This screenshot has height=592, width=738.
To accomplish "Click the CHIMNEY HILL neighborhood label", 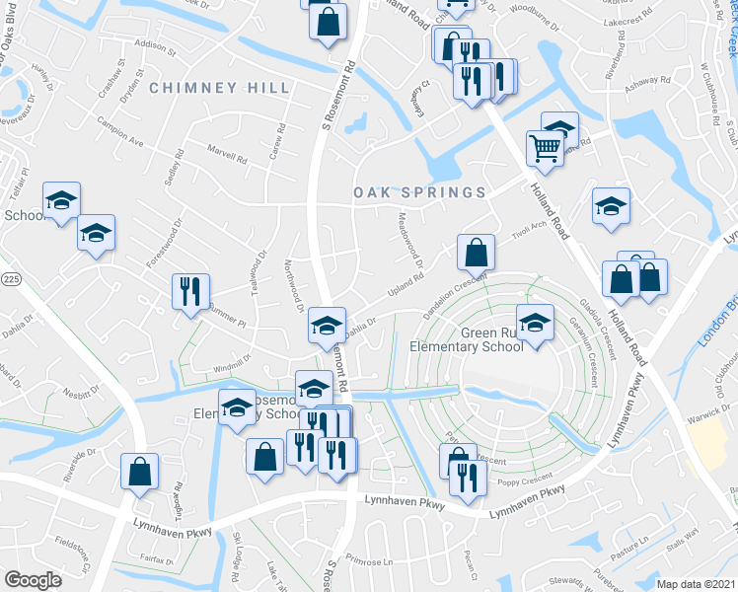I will [220, 88].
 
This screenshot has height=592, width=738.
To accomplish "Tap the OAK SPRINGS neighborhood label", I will [419, 192].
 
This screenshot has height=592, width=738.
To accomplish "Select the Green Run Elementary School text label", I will [467, 340].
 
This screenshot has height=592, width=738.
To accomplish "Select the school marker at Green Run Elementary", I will [535, 324].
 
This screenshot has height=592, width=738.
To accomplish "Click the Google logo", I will [33, 580].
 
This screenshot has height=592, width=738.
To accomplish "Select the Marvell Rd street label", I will [227, 156].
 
